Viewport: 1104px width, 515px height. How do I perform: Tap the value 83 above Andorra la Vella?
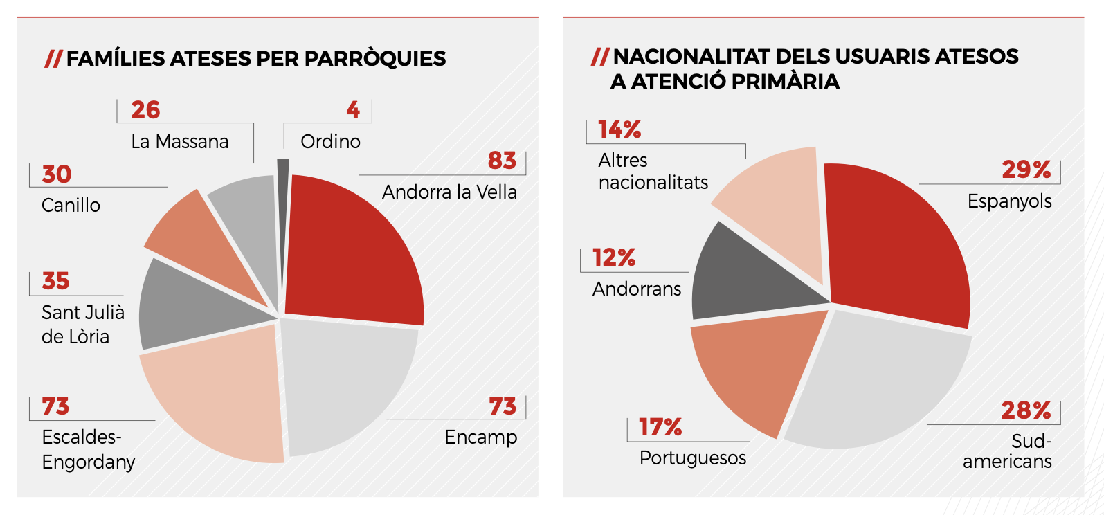(502, 161)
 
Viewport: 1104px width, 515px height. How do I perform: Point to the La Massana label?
(179, 142)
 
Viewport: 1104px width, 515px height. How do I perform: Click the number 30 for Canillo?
(57, 174)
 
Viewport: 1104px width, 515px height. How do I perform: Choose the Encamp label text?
(480, 437)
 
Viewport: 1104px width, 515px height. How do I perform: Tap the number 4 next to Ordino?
(353, 110)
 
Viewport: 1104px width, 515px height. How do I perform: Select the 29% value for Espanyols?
(1026, 170)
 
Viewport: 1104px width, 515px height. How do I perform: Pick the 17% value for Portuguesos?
(660, 428)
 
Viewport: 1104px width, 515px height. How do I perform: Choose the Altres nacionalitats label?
(653, 172)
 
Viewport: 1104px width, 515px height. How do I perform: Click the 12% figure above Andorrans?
(614, 258)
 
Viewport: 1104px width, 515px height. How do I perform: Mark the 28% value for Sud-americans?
(1026, 411)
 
